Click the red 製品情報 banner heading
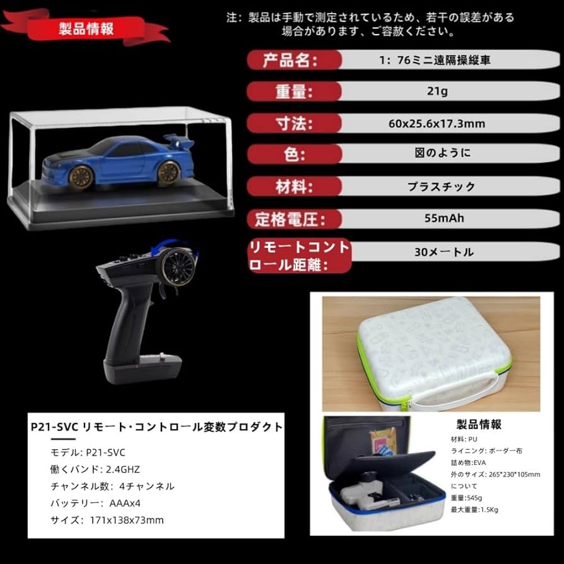pos(86,30)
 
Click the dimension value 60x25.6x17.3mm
pos(437,124)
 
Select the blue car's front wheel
pos(81,177)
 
